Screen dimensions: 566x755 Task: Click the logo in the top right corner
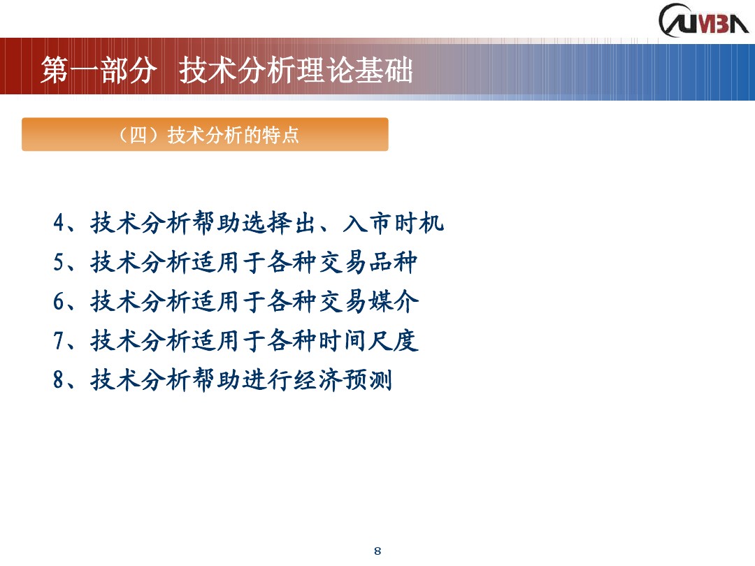point(703,20)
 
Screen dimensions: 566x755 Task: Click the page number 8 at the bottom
point(377,551)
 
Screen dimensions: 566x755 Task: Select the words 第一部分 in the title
point(97,71)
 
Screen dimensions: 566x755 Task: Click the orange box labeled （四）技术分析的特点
point(205,135)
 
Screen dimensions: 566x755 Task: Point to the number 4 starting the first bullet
point(59,224)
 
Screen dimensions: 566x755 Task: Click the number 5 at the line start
point(59,263)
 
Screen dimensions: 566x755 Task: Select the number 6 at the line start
point(59,302)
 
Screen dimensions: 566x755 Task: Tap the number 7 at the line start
point(59,341)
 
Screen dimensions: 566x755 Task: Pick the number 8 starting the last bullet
point(59,381)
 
